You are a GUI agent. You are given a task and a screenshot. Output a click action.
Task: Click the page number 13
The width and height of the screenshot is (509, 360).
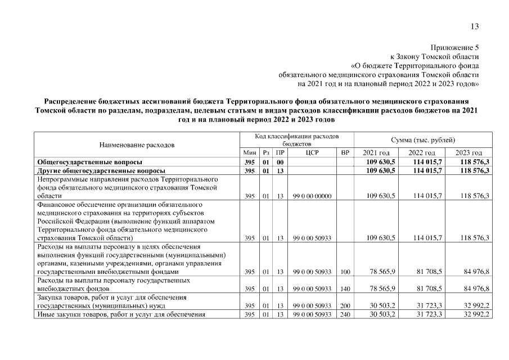tap(475, 25)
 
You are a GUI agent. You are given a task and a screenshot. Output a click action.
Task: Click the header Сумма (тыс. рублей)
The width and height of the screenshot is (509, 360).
tap(423, 139)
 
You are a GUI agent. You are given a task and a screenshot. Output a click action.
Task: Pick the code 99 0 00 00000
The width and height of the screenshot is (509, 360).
tap(312, 196)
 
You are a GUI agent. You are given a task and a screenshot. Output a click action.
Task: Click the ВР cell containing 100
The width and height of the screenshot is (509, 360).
tap(345, 272)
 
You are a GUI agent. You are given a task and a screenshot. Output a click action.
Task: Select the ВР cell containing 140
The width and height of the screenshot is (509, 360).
tap(345, 289)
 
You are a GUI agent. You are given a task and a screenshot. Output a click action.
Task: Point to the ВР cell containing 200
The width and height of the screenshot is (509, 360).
tap(345, 305)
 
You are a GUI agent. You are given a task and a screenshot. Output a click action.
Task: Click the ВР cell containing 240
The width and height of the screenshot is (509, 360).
tap(345, 314)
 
